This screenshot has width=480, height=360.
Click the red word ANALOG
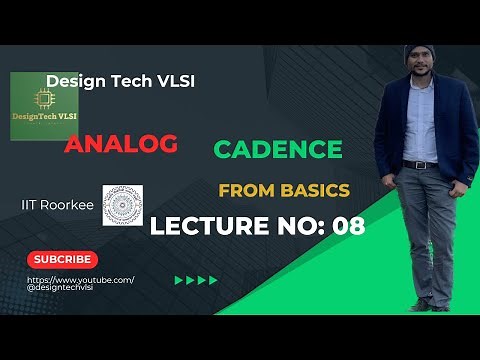click(121, 144)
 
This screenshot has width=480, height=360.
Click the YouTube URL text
click(79, 283)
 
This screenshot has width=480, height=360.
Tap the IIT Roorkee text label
click(57, 202)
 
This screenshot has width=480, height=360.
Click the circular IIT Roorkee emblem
click(123, 204)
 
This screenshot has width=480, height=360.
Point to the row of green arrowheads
click(196, 280)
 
